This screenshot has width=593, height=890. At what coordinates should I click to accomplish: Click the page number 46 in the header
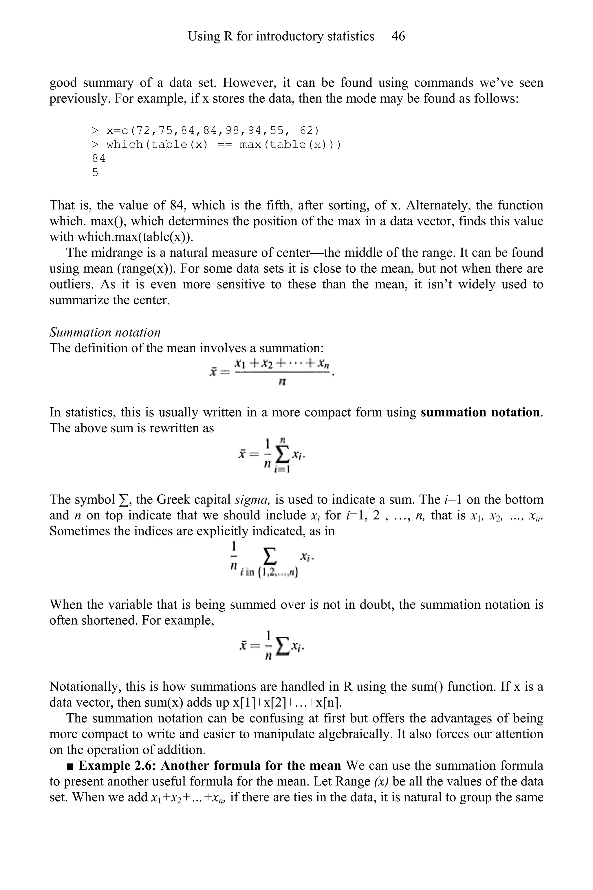[398, 36]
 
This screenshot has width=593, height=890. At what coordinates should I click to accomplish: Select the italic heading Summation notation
[105, 332]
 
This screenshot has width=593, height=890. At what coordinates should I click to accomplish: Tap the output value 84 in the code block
[99, 158]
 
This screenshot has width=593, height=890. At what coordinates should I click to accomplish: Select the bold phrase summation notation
[481, 412]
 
